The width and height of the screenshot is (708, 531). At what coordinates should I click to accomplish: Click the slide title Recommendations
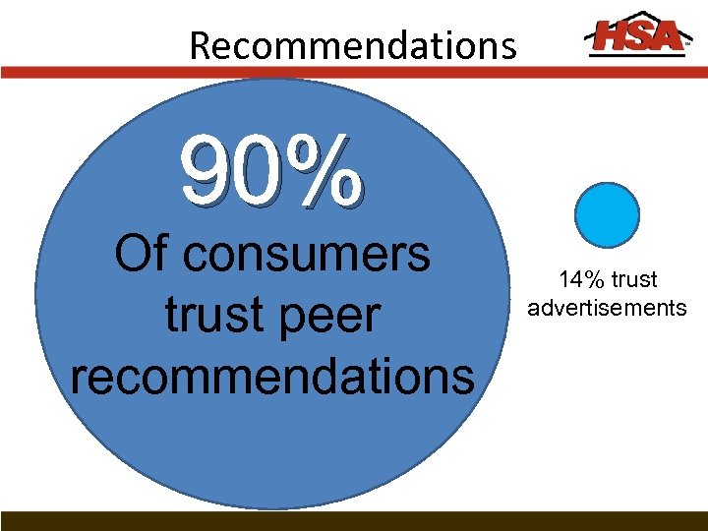(352, 45)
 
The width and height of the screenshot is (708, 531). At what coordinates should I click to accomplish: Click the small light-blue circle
(607, 214)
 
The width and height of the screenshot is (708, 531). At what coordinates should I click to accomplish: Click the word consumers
(308, 255)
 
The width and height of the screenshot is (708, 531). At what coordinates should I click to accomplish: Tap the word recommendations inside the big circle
(272, 377)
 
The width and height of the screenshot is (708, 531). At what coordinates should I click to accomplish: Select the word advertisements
(607, 309)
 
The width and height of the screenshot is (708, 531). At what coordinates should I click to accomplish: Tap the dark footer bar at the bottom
(354, 521)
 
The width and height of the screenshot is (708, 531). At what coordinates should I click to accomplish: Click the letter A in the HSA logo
(665, 36)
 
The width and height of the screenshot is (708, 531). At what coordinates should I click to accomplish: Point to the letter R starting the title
(200, 45)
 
